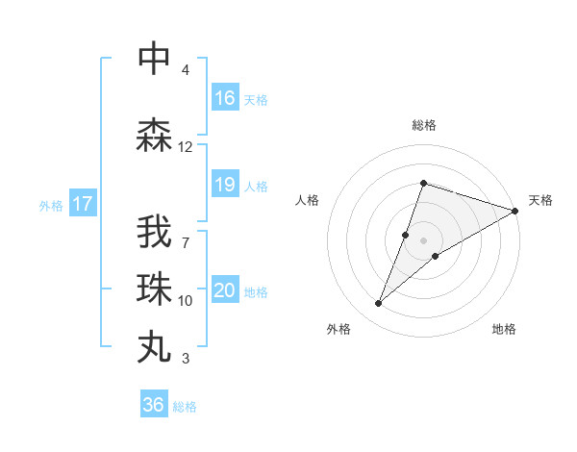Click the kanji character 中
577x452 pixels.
tap(154, 59)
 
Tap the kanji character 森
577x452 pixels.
tap(154, 136)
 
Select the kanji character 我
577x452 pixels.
tap(154, 234)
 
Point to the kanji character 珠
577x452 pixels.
tap(154, 289)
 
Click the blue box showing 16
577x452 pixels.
tap(225, 98)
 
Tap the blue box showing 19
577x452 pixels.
tap(225, 186)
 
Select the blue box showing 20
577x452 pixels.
tap(225, 291)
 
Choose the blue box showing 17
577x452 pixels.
tap(82, 204)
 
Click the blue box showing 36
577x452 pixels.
tap(154, 405)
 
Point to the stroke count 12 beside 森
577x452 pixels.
tap(186, 147)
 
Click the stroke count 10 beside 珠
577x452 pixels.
tap(186, 301)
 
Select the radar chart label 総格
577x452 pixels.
tap(423, 125)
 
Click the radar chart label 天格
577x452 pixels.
tap(540, 200)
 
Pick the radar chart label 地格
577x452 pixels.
tap(504, 329)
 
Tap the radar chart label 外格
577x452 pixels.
tap(339, 329)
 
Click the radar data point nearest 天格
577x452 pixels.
tap(514, 211)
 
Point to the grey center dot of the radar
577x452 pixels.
tap(423, 240)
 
